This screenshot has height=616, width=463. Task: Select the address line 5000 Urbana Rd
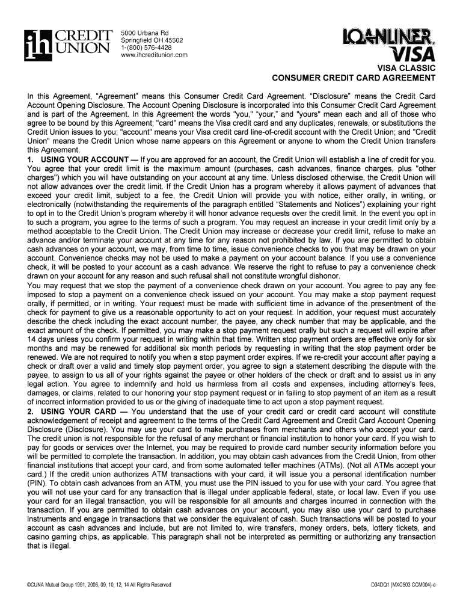[145, 32]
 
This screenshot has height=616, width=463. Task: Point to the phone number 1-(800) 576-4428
[147, 48]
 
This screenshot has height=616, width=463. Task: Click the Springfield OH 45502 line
[152, 40]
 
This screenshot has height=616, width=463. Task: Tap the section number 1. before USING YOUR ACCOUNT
[31, 159]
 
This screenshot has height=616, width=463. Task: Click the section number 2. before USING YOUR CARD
[31, 411]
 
